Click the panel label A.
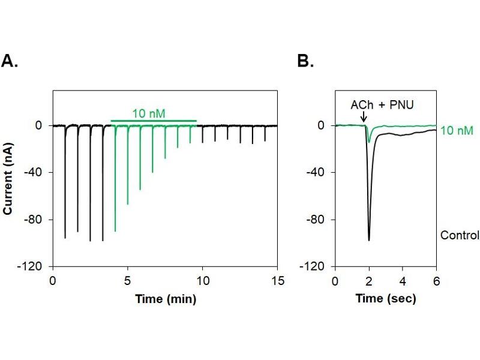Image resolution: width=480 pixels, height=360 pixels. point(10,61)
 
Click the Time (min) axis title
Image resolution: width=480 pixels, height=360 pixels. point(165,298)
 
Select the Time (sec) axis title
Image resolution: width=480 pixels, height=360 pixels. point(385,298)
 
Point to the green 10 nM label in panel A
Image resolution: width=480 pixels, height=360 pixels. point(146,112)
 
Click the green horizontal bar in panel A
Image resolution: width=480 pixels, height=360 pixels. point(154,121)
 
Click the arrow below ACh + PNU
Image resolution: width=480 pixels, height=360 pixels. point(364,118)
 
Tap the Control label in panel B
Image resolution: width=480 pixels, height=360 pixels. point(460,235)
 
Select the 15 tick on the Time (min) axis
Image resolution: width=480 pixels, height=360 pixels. point(277,280)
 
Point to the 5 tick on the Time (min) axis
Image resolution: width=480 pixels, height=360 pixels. point(128,280)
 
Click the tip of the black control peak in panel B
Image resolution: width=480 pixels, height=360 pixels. point(368,241)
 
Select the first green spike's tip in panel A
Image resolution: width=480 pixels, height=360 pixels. point(115,231)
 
